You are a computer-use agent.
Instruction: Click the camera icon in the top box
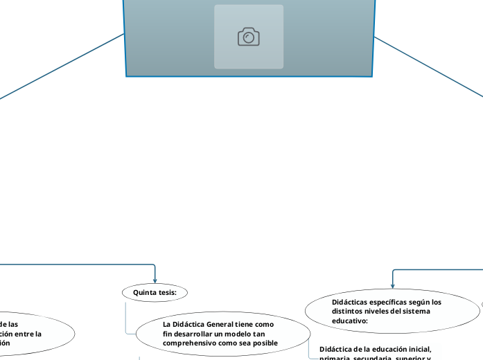click(249, 37)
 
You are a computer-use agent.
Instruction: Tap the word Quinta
click(144, 293)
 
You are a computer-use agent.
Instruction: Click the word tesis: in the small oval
click(167, 293)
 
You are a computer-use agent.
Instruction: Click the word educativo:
click(349, 321)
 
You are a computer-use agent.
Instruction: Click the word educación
click(383, 348)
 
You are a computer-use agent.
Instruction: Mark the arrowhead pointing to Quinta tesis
click(155, 280)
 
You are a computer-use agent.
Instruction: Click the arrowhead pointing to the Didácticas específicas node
click(392, 285)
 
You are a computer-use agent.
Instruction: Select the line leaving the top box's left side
click(62, 66)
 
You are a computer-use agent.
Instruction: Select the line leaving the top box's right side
click(430, 66)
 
